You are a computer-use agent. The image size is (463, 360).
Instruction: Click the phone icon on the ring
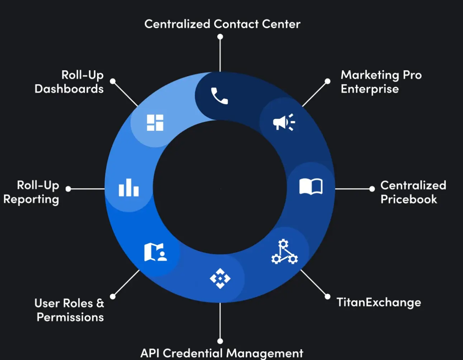point(219,96)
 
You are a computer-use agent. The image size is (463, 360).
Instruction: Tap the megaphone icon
point(283,122)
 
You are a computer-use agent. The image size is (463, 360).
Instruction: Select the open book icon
point(311,187)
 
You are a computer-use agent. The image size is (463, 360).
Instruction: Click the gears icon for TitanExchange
point(284,252)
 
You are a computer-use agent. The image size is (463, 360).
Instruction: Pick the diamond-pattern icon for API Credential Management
point(220,278)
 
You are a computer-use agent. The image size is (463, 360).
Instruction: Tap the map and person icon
point(156,252)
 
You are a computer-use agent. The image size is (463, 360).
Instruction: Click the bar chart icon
point(129,188)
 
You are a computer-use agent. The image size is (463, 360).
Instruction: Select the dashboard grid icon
point(155,123)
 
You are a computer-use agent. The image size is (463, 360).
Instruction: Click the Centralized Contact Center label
point(222,24)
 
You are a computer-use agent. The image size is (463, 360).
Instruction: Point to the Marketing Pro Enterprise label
point(381,82)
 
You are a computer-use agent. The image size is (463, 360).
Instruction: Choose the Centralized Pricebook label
point(413,192)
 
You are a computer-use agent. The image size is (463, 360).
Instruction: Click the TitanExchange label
point(379,303)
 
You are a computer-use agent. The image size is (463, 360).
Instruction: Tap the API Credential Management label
point(222,353)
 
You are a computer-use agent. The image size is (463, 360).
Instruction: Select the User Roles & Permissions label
point(69,310)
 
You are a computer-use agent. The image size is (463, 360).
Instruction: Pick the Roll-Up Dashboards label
point(69,82)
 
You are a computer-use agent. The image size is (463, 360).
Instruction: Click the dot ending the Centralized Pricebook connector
point(372,189)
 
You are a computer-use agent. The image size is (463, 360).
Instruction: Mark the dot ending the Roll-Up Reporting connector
point(69,189)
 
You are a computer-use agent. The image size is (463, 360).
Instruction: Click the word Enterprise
point(369,89)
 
